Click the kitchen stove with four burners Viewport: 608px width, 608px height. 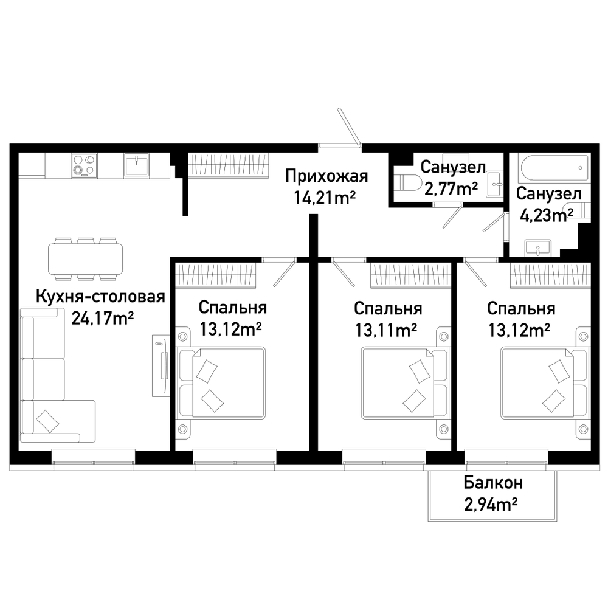(85, 165)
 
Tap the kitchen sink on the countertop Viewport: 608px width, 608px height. (136, 165)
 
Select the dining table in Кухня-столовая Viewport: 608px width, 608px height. (85, 258)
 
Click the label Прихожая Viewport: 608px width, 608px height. (326, 176)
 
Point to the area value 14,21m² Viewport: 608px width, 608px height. (325, 198)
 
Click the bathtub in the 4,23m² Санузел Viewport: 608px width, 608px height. (554, 168)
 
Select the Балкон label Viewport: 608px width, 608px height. (493, 483)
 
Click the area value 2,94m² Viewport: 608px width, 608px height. (491, 505)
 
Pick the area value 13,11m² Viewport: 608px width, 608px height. (386, 330)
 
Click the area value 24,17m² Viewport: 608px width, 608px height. (103, 319)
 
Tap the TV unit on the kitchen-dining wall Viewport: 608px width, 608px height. (161, 366)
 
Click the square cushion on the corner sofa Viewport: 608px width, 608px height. (47, 421)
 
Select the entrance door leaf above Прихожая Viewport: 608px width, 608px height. (348, 126)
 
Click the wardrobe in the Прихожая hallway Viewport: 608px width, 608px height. (229, 166)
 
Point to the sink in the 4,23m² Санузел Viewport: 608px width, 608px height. (538, 248)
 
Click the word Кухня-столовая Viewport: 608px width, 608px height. (101, 297)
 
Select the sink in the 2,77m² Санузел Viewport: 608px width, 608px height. (495, 185)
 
